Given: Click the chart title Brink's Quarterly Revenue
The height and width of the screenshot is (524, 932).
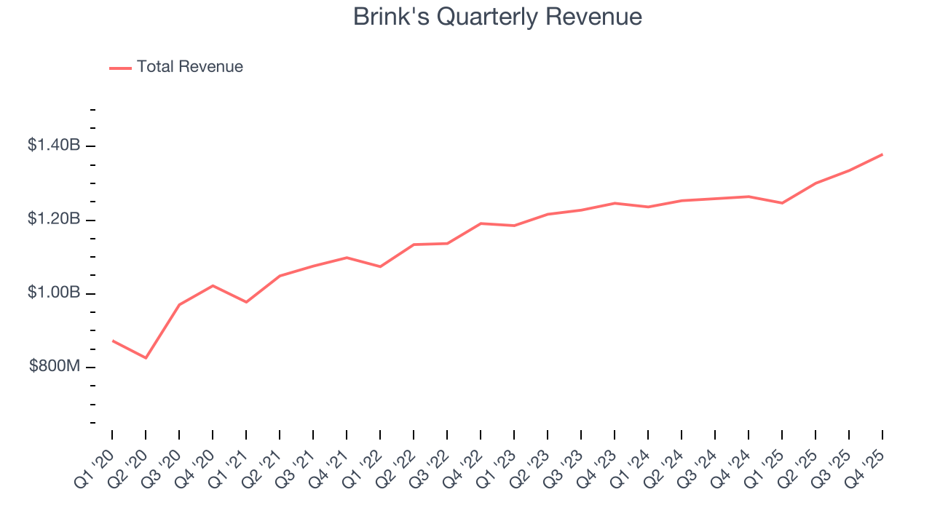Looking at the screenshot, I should coord(497,17).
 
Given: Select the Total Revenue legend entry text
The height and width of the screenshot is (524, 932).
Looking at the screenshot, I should coord(190,67).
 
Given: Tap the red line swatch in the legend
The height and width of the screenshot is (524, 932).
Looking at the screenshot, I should coord(120,68).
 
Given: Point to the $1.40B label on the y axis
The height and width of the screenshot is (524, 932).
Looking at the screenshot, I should coord(54,146).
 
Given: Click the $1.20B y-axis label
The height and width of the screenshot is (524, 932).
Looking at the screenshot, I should coord(54,219).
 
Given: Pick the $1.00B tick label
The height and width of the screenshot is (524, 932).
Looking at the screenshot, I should coord(54,293).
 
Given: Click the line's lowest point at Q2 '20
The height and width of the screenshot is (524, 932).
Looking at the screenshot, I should coord(146,358).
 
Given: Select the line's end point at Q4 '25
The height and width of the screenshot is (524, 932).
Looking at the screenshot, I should coord(882,154).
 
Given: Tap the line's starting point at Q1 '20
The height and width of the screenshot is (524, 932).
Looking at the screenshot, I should coord(112,341).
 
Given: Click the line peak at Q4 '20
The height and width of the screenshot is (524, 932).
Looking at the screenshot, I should coord(213,285).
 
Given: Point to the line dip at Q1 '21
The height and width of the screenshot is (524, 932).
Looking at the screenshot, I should coord(246,302).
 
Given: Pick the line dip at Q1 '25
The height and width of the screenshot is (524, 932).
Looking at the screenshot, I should coord(782,203).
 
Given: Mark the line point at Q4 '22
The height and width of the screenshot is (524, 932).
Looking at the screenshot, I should coord(481,223).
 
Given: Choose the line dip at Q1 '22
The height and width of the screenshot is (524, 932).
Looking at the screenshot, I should coord(380,266).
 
